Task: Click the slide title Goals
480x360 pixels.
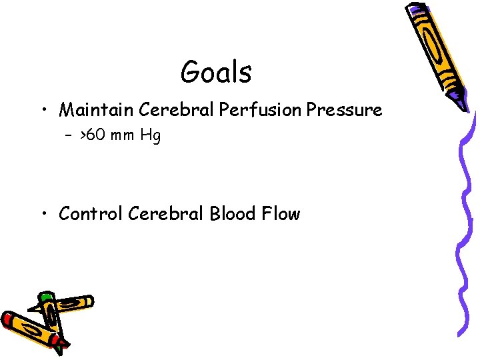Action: pyautogui.click(x=216, y=72)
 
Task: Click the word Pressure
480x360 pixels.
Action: pyautogui.click(x=345, y=109)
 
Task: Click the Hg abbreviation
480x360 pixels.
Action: pyautogui.click(x=151, y=137)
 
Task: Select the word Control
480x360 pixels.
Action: pyautogui.click(x=91, y=214)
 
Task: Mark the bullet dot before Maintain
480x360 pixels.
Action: pyautogui.click(x=44, y=110)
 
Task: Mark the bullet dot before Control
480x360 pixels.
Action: pyautogui.click(x=44, y=215)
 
